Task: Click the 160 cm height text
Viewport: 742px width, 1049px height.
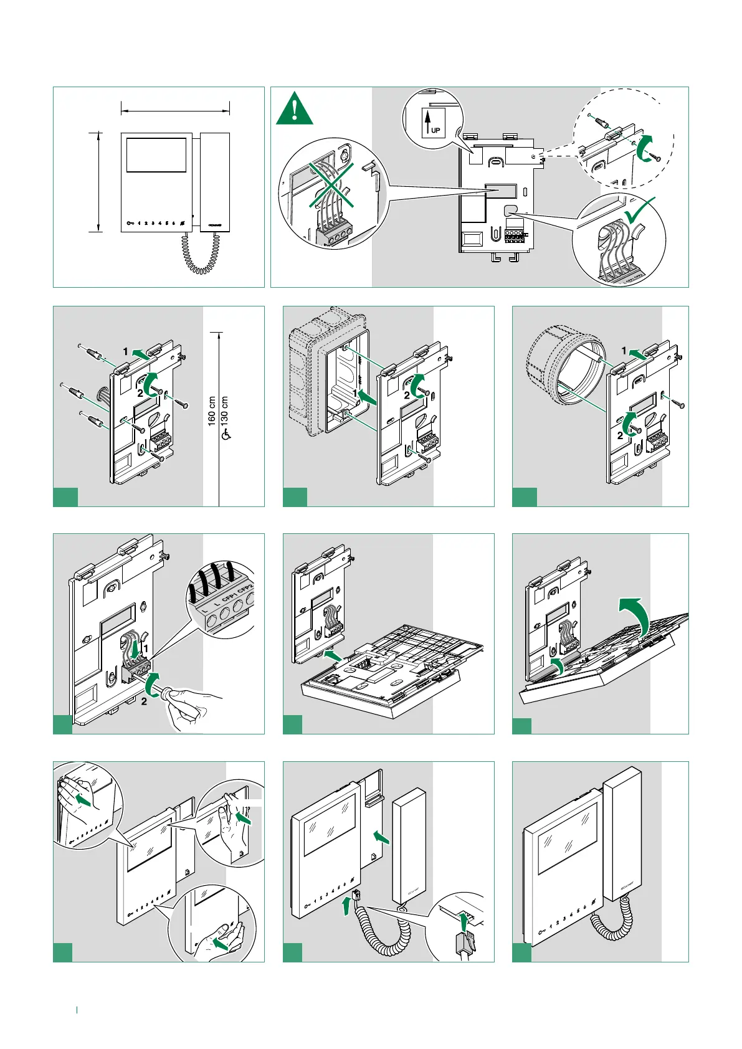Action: [x=212, y=411]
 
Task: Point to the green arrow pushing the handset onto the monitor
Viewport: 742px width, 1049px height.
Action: [x=380, y=837]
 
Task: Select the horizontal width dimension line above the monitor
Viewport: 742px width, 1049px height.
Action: [x=175, y=112]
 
